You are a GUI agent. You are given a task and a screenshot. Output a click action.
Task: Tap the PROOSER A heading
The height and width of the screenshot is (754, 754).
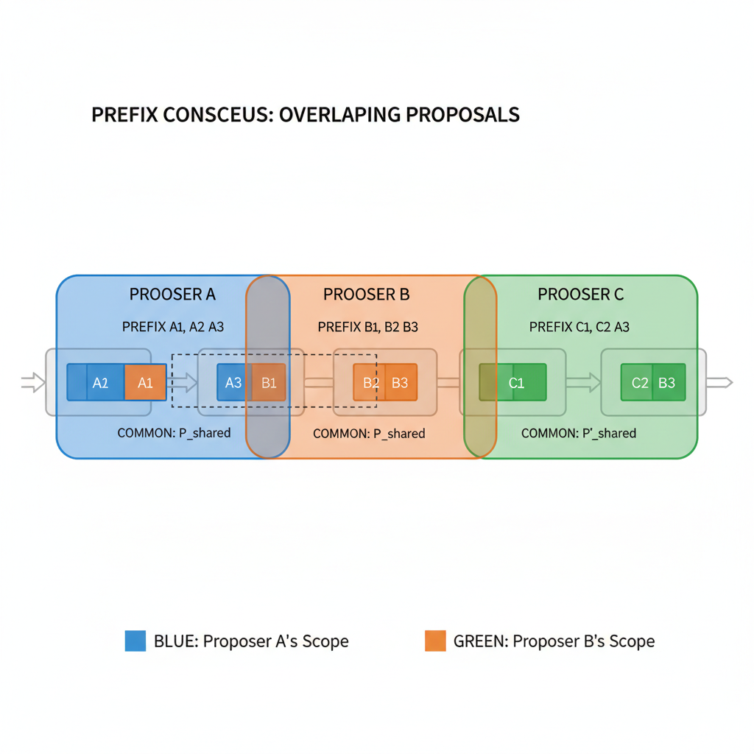pos(172,295)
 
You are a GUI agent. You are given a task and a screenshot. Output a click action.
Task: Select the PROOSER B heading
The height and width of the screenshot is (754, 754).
pos(366,295)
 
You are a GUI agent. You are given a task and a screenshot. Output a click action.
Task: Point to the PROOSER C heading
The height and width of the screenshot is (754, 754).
pos(580,295)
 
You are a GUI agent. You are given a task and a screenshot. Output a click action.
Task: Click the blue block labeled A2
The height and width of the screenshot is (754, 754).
pos(101,382)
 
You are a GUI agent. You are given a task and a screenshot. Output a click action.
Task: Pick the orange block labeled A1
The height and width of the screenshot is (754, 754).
pos(145,382)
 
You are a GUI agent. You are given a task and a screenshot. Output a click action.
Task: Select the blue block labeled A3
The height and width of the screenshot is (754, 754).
pos(233,382)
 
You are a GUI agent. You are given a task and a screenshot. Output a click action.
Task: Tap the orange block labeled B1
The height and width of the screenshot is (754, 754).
pos(268,382)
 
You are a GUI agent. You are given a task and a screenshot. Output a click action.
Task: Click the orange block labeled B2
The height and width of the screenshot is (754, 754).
pos(370,382)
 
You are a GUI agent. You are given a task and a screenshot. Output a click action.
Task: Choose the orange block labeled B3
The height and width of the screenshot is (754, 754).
pos(401,382)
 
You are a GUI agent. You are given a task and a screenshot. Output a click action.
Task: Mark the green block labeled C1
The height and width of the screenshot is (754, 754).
pos(516,382)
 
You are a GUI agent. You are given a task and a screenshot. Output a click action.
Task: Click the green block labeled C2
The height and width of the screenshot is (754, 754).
pos(639,382)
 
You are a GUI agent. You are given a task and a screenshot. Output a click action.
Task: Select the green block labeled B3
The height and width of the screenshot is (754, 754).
pos(667,382)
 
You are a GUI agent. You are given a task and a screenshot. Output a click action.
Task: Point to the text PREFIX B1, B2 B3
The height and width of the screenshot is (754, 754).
pos(367,327)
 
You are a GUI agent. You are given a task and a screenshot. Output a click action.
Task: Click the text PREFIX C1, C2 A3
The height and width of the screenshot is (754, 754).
pos(579,327)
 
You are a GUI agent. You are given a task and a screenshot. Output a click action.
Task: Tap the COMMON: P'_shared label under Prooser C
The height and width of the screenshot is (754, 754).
pos(578,433)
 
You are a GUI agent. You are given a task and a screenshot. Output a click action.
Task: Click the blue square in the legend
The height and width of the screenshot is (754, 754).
pos(135,641)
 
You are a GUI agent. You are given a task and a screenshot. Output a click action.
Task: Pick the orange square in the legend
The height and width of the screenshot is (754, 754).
pos(435,641)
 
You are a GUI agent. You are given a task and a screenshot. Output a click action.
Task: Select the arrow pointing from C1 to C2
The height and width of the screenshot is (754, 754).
pos(583,382)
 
